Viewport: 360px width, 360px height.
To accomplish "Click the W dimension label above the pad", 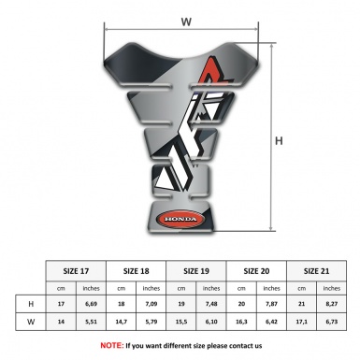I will [x=185, y=19].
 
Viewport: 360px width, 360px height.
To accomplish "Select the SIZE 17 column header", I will [x=76, y=271].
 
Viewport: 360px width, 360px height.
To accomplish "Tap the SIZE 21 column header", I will [x=317, y=271].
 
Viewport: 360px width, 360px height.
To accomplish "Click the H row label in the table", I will [x=33, y=304].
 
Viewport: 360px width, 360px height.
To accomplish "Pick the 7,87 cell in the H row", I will [x=273, y=304].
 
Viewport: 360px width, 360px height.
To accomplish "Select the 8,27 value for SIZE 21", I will [x=333, y=304].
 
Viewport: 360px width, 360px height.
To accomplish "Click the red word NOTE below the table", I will [x=111, y=345].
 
